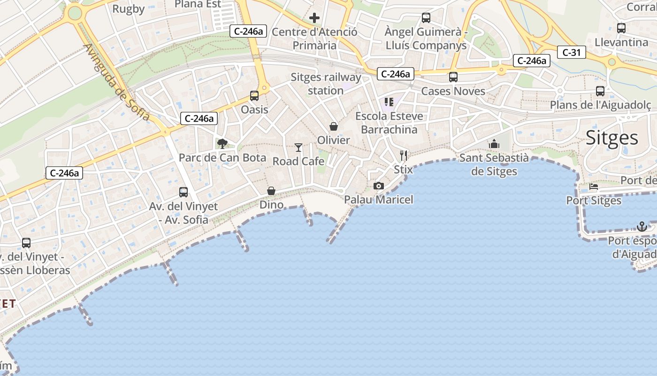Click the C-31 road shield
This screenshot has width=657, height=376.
572,52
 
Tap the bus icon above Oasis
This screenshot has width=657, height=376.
254,96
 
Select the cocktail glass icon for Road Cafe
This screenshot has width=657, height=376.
298,148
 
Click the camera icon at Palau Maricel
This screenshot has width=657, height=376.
379,186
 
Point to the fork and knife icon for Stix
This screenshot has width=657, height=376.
404,155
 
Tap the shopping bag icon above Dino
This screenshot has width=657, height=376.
271,191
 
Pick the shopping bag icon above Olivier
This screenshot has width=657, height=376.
334,126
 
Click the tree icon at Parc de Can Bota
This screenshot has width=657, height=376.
222,144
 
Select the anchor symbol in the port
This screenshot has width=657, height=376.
642,227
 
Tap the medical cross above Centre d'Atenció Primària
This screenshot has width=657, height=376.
314,18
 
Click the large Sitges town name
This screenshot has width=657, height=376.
612,138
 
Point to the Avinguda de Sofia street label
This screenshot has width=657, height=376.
117,83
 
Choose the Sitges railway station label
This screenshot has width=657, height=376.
326,84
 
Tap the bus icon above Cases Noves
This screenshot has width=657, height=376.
453,77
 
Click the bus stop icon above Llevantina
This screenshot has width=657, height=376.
621,28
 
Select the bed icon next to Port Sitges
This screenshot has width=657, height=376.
594,187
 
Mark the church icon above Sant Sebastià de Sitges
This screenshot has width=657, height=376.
494,144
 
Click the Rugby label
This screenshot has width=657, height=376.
129,8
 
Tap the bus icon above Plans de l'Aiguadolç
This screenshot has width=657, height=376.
600,91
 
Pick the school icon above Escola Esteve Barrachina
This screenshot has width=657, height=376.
389,102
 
